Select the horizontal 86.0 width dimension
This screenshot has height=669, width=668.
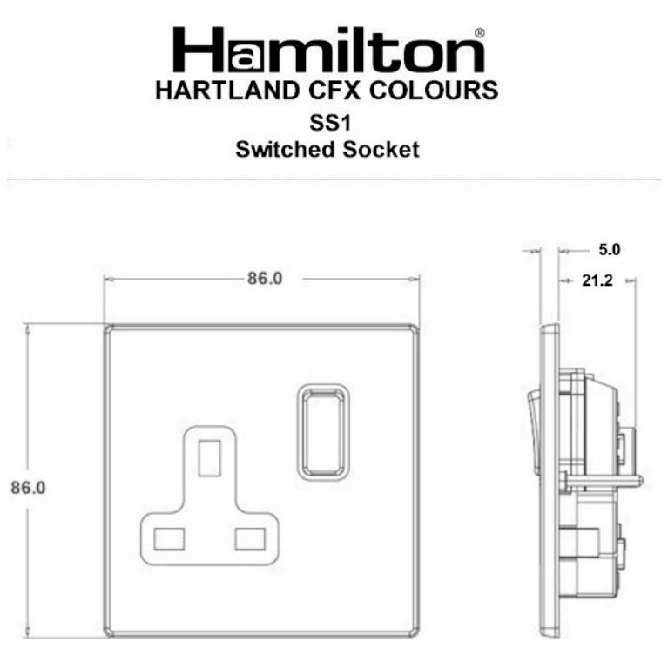coord(265,280)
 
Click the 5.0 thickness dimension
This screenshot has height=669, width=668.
coord(609,250)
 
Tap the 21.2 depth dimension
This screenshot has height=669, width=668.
coord(596,280)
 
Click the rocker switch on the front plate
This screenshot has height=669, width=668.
coord(324,429)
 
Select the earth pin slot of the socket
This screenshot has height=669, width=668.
coord(210,458)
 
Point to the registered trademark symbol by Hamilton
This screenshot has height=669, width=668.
coord(479,34)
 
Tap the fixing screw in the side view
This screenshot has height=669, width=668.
coord(601,478)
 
